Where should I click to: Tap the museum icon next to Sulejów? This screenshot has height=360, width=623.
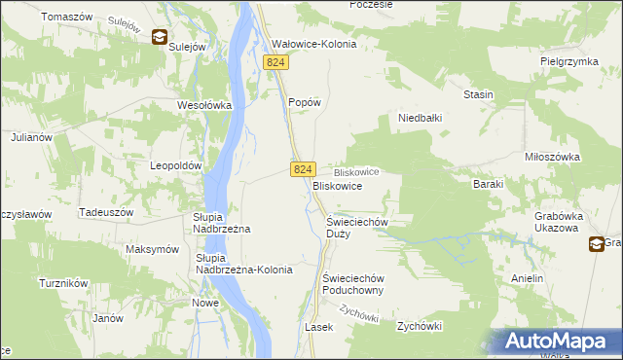coord(160,37)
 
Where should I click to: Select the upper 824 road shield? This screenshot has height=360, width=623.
coord(276,62)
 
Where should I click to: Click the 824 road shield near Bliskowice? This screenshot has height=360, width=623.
coord(302,169)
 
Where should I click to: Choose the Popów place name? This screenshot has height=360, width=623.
coord(305,101)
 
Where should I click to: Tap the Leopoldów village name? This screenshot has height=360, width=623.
coord(175,165)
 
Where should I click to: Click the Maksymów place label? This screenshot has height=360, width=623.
coord(153,249)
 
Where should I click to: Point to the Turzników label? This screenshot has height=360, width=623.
coord(64,283)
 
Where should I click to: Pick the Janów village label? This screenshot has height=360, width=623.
coord(107,318)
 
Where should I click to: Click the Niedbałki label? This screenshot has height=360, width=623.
coord(421,119)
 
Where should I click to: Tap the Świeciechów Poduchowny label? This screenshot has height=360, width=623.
coord(355,283)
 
